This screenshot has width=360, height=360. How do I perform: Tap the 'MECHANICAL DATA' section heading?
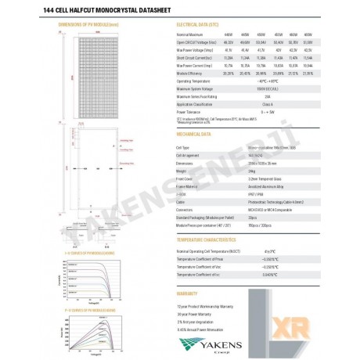click(196, 134)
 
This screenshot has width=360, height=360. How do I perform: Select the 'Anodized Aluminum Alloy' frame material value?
click(270, 186)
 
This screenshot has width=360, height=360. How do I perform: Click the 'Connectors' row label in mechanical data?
click(187, 210)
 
